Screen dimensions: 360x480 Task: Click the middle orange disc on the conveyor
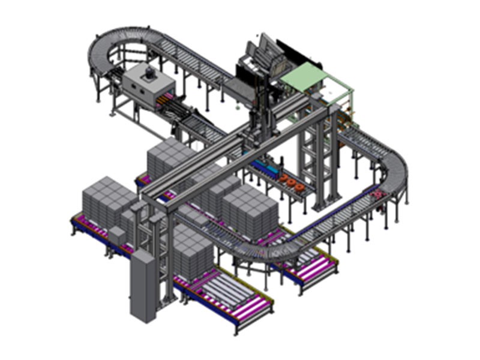[x=290, y=181]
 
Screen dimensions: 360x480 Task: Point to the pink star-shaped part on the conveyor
[x=377, y=194]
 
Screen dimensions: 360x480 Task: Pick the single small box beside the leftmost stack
[x=118, y=235]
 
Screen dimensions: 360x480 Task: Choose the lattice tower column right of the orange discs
[x=314, y=162]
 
